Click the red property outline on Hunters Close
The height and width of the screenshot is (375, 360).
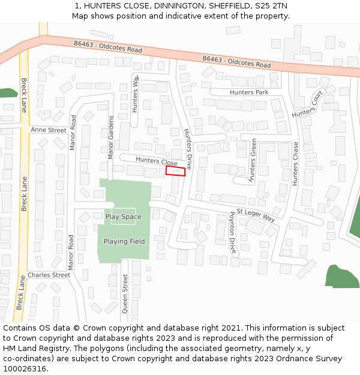tap(176, 171)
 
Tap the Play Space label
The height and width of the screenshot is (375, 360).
tap(124, 217)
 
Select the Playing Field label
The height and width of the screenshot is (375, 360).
tap(124, 241)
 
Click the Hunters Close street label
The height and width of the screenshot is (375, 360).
tap(156, 161)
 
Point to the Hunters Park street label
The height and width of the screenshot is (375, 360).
tap(249, 92)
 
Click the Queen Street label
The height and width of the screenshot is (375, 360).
tap(125, 293)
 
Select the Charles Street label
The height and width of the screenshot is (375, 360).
tap(49, 275)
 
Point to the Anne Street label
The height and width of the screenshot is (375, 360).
tap(48, 130)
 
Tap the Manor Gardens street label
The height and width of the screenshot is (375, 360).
tap(110, 137)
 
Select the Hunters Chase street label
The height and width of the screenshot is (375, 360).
tap(295, 163)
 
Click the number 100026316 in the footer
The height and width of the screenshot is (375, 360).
tap(25, 369)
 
